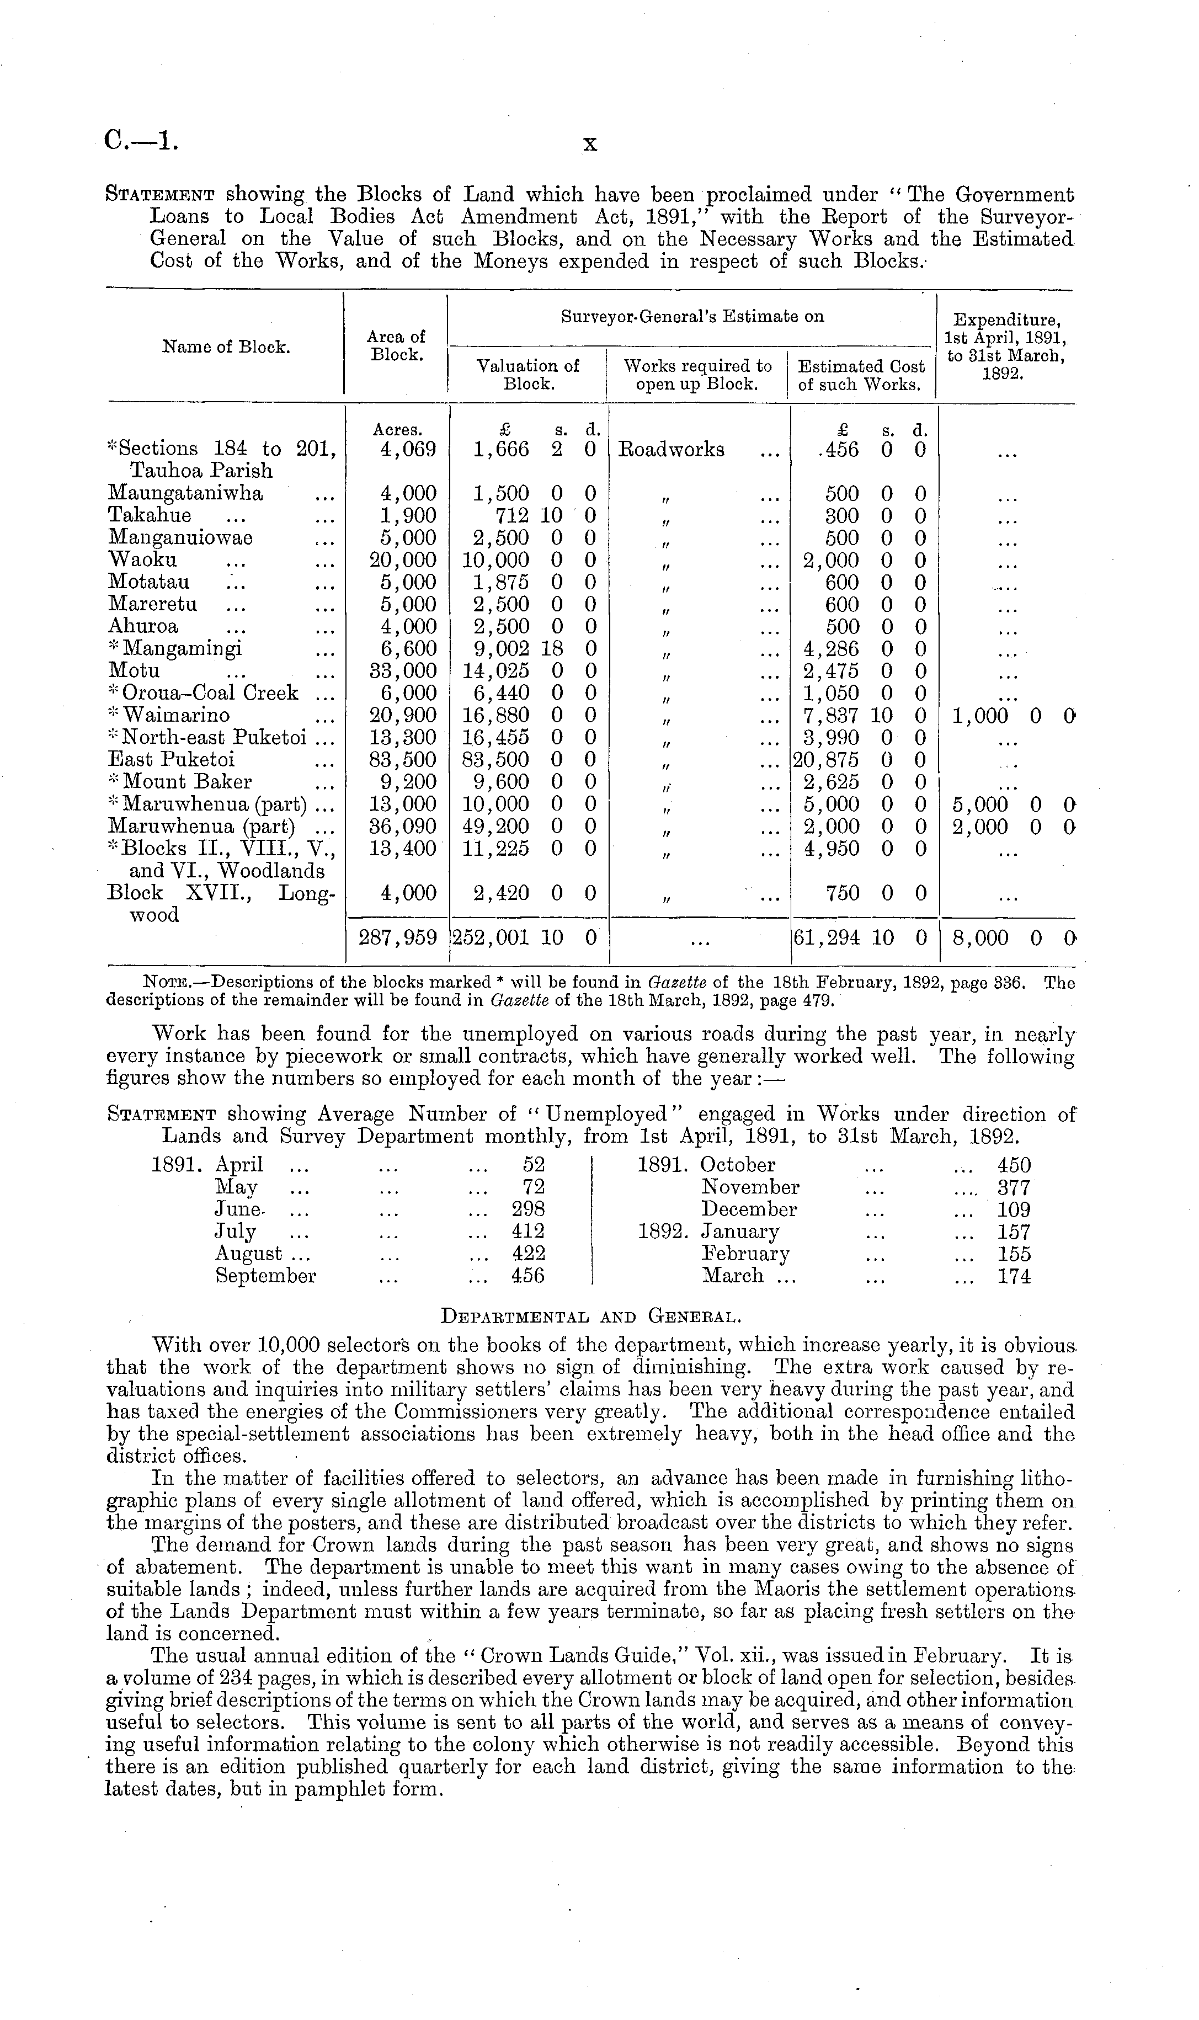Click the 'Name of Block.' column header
coord(226,347)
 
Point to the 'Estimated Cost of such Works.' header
coord(861,375)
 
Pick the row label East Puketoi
coord(171,760)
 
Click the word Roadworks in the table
coord(672,450)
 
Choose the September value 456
coord(529,1276)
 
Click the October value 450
coord(1014,1165)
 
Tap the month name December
coord(749,1210)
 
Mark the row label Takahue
coord(150,515)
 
